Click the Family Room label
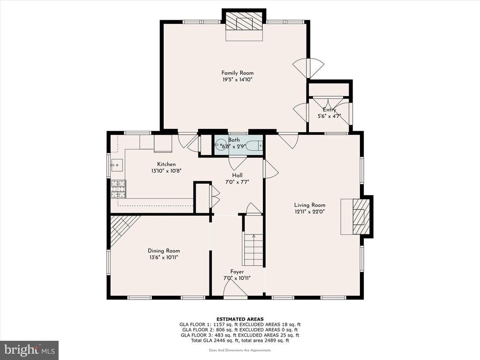pyautogui.click(x=237, y=73)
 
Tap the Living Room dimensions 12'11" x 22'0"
pyautogui.click(x=309, y=211)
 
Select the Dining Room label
pyautogui.click(x=164, y=251)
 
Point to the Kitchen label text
pyautogui.click(x=166, y=165)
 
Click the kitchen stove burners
pyautogui.click(x=118, y=188)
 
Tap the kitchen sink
pyautogui.click(x=117, y=165)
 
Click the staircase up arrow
pyautogui.click(x=254, y=237)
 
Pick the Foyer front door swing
pyautogui.click(x=235, y=288)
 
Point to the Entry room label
pyautogui.click(x=330, y=110)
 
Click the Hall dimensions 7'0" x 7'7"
pyautogui.click(x=237, y=182)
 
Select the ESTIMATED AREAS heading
pyautogui.click(x=240, y=319)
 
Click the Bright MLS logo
pyautogui.click(x=30, y=350)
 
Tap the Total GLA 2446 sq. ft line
pyautogui.click(x=240, y=340)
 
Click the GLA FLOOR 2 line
pyautogui.click(x=240, y=330)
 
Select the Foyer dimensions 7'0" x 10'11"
pyautogui.click(x=237, y=278)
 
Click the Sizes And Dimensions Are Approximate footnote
pyautogui.click(x=240, y=350)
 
